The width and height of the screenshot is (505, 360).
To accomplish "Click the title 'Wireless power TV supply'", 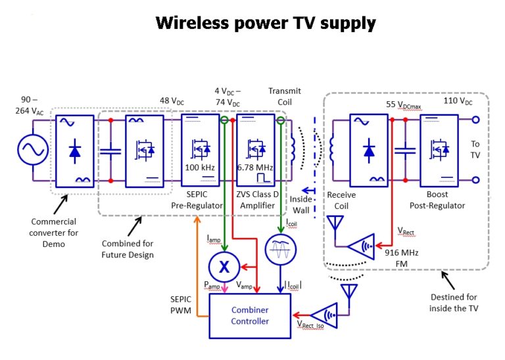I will pyautogui.click(x=265, y=24).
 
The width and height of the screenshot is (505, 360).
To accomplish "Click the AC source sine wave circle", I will pyautogui.click(x=30, y=150).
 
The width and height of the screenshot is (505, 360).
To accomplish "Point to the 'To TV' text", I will pyautogui.click(x=475, y=150).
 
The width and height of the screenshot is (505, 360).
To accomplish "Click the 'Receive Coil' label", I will pyautogui.click(x=341, y=200).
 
